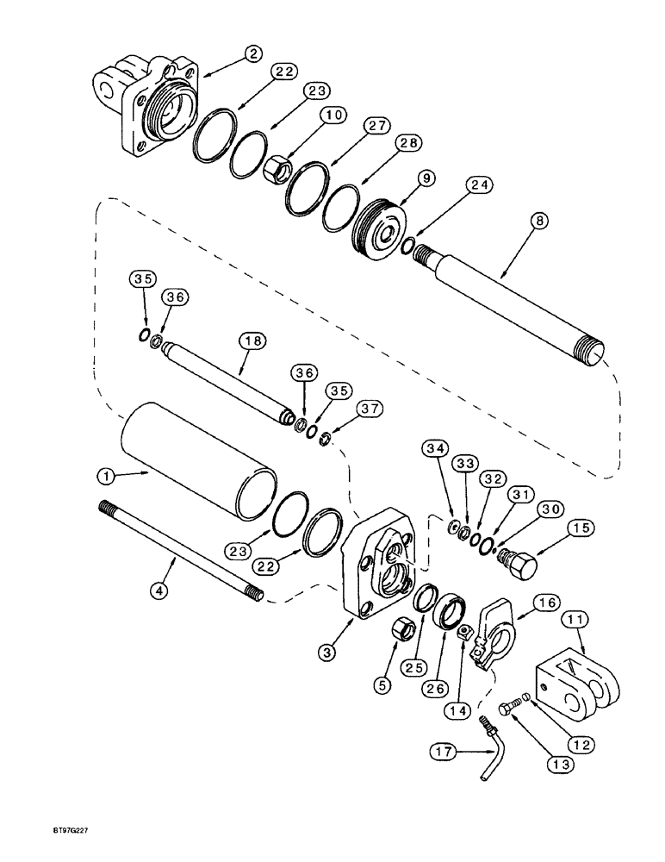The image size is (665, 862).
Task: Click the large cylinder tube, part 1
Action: coord(198,462)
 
